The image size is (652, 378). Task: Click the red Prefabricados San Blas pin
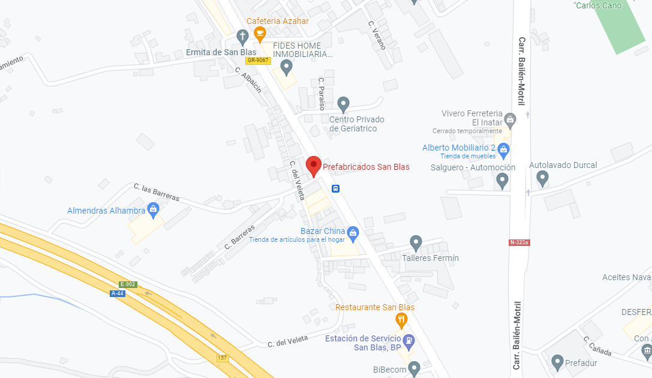pyautogui.click(x=313, y=165)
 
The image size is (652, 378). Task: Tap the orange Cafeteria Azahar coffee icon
pyautogui.click(x=260, y=35)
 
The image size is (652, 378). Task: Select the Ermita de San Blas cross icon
pyautogui.click(x=242, y=37)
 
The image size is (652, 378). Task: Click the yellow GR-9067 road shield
pyautogui.click(x=259, y=61)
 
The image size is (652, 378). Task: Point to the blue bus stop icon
pyautogui.click(x=336, y=188)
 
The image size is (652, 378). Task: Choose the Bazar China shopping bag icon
pyautogui.click(x=353, y=232)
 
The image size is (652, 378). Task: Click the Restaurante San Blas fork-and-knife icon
pyautogui.click(x=401, y=319)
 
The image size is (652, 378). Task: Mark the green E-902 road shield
pyautogui.click(x=128, y=284)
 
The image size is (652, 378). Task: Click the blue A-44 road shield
pyautogui.click(x=118, y=293)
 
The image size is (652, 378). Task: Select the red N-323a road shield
pyautogui.click(x=519, y=242)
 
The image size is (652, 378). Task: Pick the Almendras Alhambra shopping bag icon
pyautogui.click(x=153, y=209)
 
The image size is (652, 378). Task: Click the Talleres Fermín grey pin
pyautogui.click(x=416, y=243)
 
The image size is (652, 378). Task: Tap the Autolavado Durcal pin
pyautogui.click(x=542, y=178)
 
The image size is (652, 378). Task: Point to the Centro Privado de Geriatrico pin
pyautogui.click(x=343, y=104)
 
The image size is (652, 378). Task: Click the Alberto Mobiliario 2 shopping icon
pyautogui.click(x=503, y=148)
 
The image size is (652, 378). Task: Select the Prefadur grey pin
pyautogui.click(x=557, y=362)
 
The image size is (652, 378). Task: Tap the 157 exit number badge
pyautogui.click(x=223, y=358)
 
